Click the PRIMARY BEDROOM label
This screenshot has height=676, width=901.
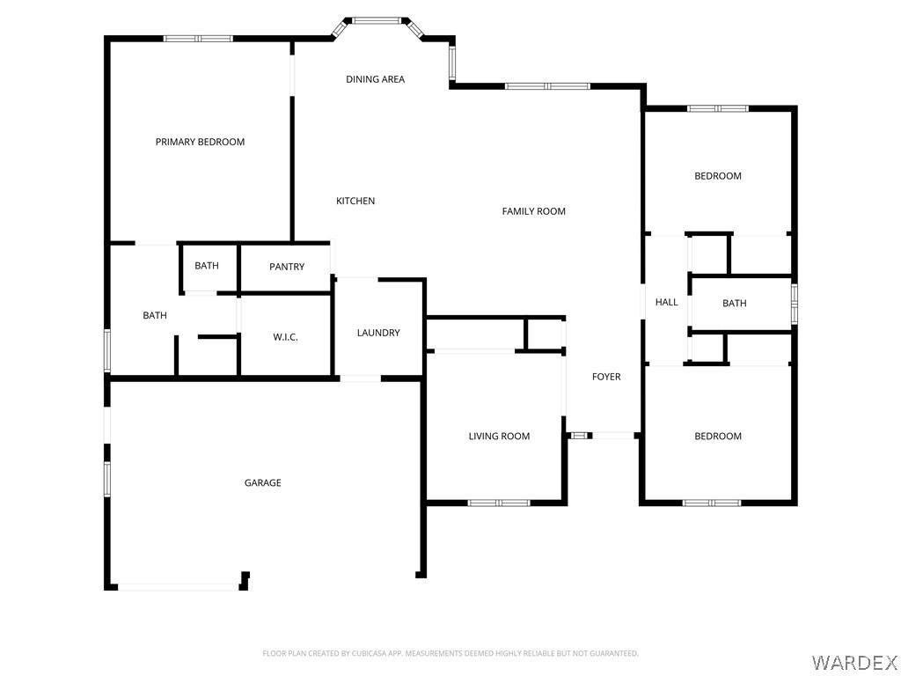[x=200, y=142]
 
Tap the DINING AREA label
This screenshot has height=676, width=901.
[x=375, y=79]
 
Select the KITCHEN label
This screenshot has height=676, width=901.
[x=355, y=201]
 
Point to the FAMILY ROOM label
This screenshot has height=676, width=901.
[x=534, y=211]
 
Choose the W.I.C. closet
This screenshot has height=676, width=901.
[x=286, y=337]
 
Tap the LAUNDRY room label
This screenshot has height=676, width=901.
[x=378, y=333]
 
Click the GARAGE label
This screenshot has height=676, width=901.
[x=262, y=483]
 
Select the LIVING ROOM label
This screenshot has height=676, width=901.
[x=500, y=437]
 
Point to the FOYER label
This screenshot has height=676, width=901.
[x=606, y=377]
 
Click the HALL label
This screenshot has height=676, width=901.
[x=667, y=302]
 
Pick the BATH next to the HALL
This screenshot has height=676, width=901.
[x=735, y=303]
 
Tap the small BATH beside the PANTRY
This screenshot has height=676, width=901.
[x=207, y=266]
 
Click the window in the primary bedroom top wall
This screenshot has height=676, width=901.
[x=198, y=39]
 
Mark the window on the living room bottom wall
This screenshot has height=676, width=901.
[x=498, y=503]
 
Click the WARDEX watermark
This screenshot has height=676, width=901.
[x=853, y=662]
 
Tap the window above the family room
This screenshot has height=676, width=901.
[x=547, y=86]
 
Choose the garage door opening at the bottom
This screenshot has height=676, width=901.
[x=178, y=587]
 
